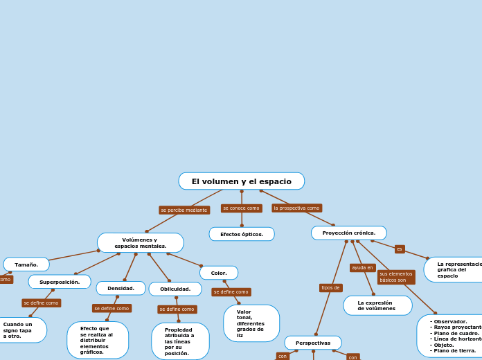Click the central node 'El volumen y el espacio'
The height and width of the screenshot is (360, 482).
click(241, 181)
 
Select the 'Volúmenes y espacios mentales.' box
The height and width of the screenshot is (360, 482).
click(141, 243)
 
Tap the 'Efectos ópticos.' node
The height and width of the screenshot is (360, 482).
click(242, 234)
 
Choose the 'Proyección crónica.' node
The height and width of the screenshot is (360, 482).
click(349, 233)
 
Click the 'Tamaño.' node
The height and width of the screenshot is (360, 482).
click(26, 264)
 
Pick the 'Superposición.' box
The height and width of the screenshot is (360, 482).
click(60, 282)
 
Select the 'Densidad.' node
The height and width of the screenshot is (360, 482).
click(121, 288)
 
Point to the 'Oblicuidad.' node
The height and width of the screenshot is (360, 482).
click(175, 289)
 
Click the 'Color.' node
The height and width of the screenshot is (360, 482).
click(219, 273)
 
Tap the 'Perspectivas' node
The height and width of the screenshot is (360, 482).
click(313, 343)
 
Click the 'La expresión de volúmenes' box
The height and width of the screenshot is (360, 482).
click(377, 305)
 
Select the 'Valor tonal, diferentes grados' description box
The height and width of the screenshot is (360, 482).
click(251, 323)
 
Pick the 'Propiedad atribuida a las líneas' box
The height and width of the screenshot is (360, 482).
click(180, 341)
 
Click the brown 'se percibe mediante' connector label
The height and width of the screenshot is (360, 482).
click(184, 210)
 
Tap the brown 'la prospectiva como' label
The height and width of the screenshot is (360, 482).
click(296, 208)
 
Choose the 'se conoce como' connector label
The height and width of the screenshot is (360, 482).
click(241, 208)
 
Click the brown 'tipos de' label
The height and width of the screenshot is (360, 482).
click(331, 287)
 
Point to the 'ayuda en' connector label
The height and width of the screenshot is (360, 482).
click(362, 267)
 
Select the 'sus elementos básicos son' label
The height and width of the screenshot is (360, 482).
click(396, 277)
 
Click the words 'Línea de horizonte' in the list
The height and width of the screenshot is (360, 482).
click(456, 339)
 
